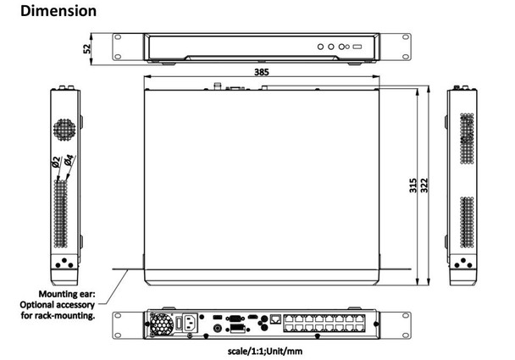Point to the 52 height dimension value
(x=87, y=47)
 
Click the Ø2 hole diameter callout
(x=56, y=165)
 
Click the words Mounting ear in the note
(x=63, y=296)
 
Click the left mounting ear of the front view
(x=128, y=47)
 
